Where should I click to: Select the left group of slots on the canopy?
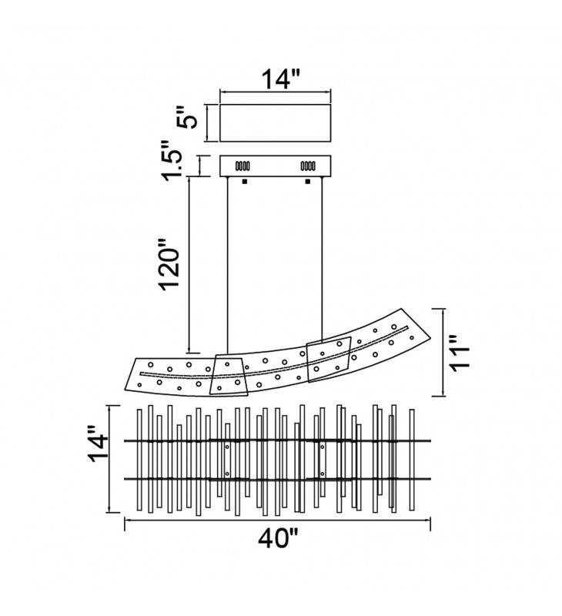pyautogui.click(x=242, y=166)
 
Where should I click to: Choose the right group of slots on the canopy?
pyautogui.click(x=308, y=166)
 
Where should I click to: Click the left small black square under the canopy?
pyautogui.click(x=244, y=182)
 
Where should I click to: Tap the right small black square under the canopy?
pyautogui.click(x=307, y=182)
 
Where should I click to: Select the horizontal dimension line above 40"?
pyautogui.click(x=277, y=521)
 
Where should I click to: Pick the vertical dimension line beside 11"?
pyautogui.click(x=442, y=352)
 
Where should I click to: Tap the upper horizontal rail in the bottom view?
pyautogui.click(x=277, y=441)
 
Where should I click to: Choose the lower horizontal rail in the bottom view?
pyautogui.click(x=277, y=479)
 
